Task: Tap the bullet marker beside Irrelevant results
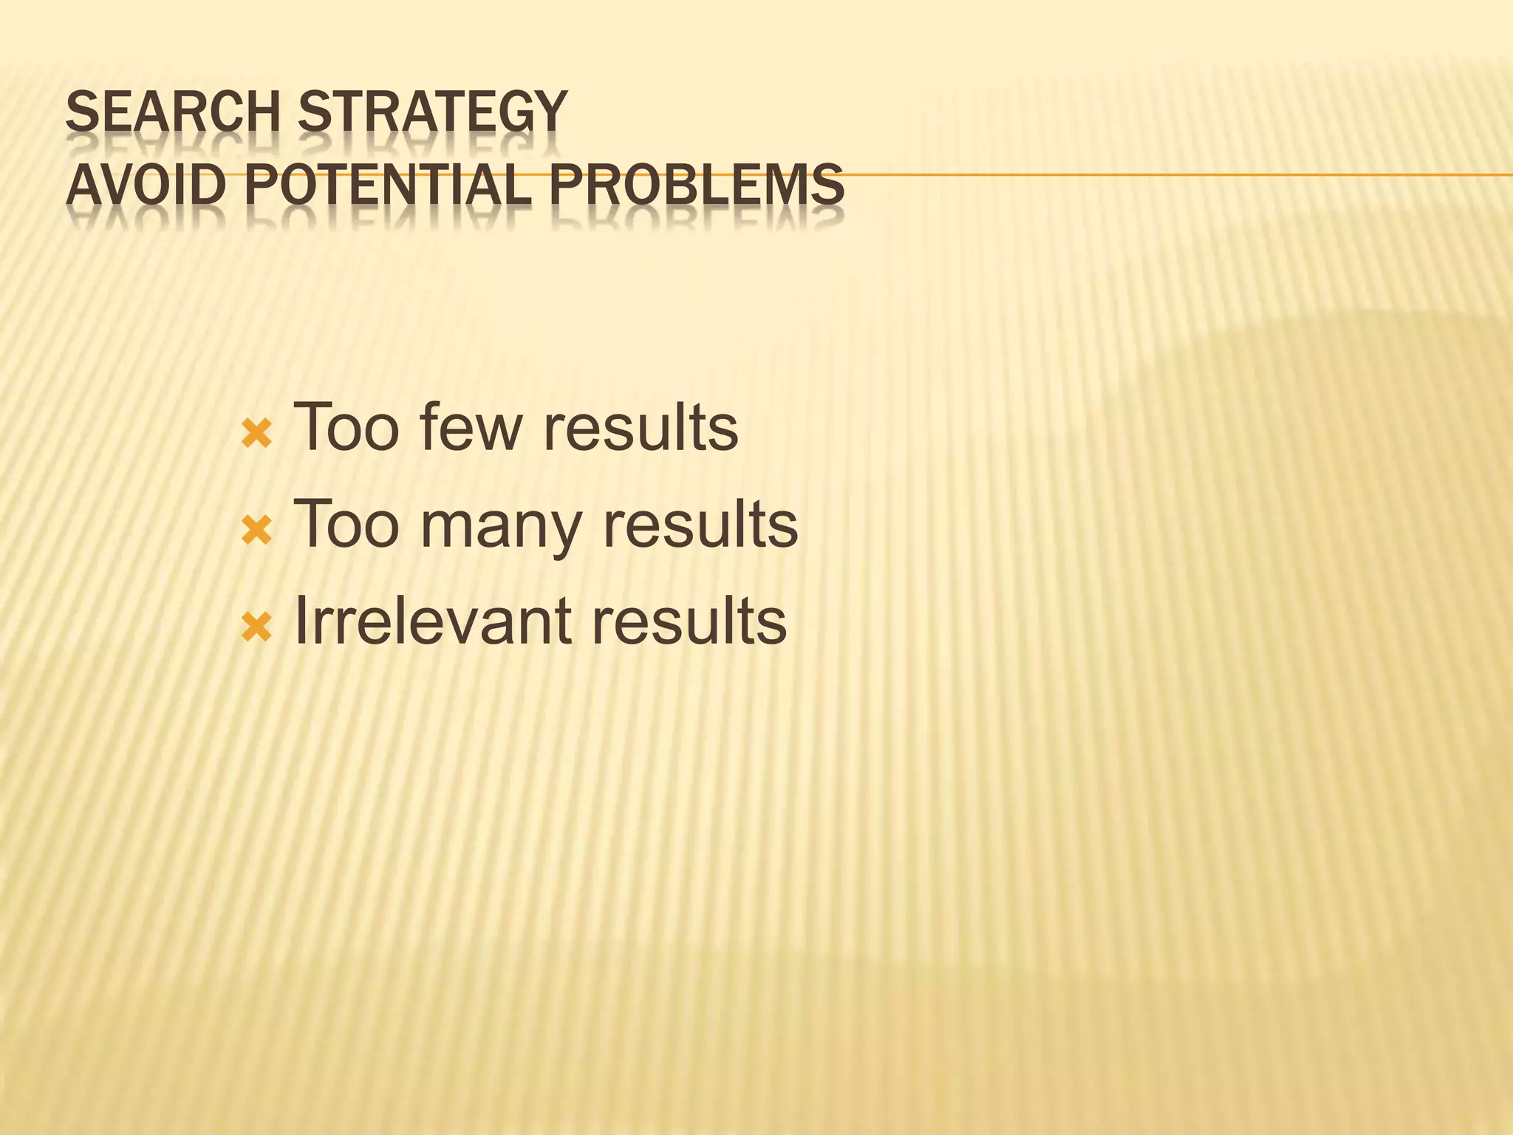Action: tap(256, 627)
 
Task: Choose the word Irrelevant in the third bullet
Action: tap(431, 621)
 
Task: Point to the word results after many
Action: tap(700, 524)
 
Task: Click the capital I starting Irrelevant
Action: tap(299, 621)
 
